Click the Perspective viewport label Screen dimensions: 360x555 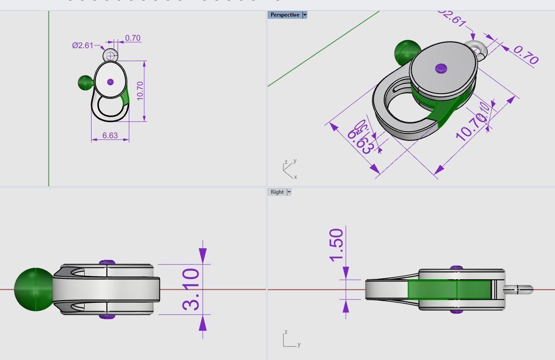pos(285,15)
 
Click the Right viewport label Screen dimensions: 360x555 pos(277,192)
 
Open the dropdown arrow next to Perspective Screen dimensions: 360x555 pos(305,15)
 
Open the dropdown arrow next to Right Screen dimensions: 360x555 pos(289,192)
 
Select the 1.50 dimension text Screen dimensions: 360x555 pos(337,245)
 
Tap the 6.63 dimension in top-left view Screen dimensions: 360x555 pos(110,135)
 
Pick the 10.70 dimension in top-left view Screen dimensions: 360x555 pos(140,91)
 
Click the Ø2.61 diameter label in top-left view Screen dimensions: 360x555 pos(82,45)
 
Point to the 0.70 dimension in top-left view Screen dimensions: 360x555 pos(133,38)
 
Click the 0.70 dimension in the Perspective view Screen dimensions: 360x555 pos(526,55)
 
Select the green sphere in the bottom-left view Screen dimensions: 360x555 pos(34,289)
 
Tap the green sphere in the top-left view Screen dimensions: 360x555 pos(85,82)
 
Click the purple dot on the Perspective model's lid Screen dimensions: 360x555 pos(441,68)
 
